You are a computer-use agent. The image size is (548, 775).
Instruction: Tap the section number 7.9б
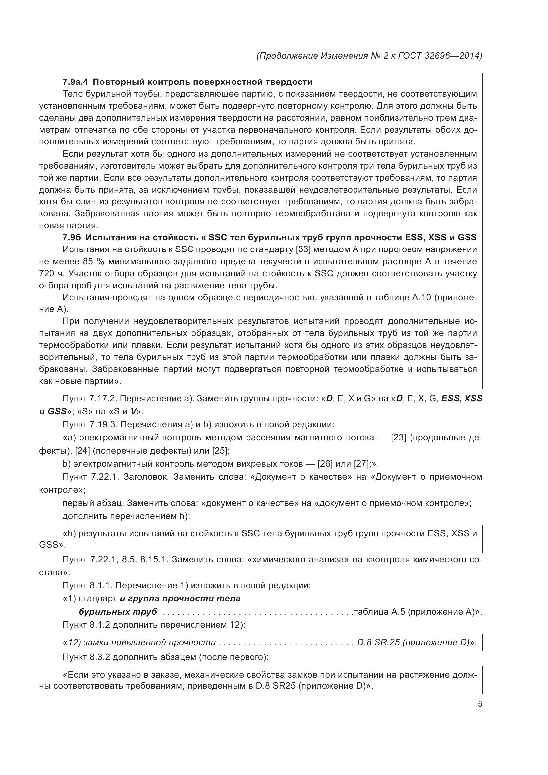[x=72, y=237]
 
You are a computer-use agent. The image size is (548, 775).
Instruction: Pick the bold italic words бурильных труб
[x=118, y=612]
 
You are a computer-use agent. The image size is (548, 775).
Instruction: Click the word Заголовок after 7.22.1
[x=147, y=477]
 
